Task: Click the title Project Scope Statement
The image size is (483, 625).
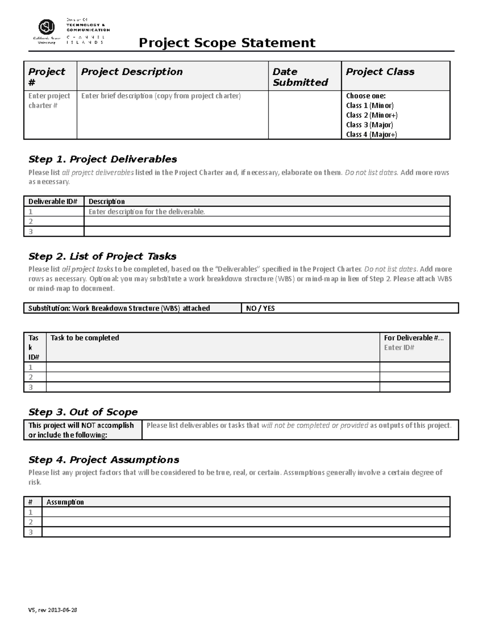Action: tap(227, 43)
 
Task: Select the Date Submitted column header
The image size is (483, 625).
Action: tap(300, 77)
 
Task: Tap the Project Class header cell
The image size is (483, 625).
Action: tap(380, 72)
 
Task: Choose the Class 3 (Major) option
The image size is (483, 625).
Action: tap(369, 125)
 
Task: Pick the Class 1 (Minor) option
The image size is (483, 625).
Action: tap(369, 105)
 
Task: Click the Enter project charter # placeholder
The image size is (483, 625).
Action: tap(49, 101)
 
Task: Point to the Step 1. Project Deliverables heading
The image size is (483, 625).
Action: tap(103, 159)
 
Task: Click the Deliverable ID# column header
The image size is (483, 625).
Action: tap(53, 201)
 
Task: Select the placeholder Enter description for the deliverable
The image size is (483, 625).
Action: tap(147, 212)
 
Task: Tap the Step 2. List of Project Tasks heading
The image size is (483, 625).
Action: tap(102, 256)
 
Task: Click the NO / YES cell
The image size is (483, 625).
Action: tap(260, 308)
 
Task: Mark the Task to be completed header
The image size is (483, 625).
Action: tap(85, 338)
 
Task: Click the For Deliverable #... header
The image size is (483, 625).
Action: tap(413, 338)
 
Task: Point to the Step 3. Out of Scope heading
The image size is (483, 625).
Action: tap(83, 412)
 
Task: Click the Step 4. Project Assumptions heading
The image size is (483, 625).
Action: tap(104, 460)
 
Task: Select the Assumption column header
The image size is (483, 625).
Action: tap(65, 502)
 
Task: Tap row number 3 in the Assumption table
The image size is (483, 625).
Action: tap(30, 532)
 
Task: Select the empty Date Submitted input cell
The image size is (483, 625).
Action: tap(305, 115)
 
